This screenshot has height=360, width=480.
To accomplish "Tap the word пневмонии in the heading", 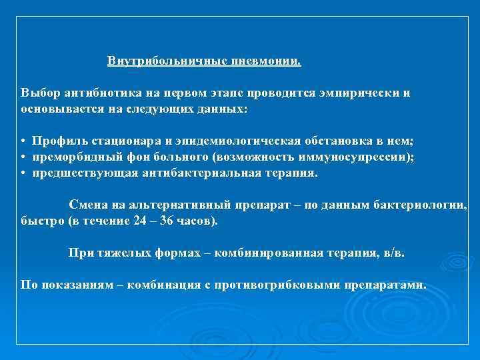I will click(266, 62).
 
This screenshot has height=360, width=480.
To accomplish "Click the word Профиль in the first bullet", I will click(57, 142).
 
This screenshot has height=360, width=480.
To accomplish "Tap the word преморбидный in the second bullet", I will click(73, 157).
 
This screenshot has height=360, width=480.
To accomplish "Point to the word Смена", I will click(87, 204).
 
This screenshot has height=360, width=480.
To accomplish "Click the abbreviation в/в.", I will click(391, 253).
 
